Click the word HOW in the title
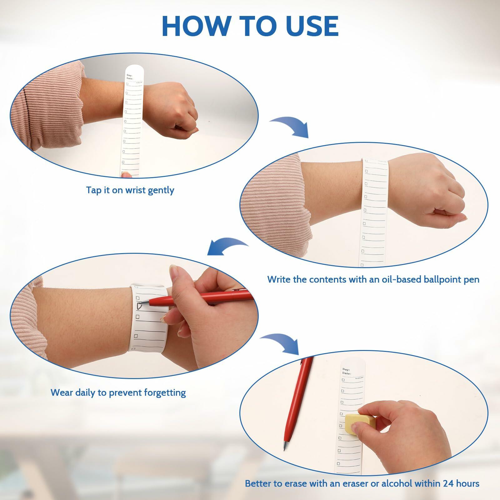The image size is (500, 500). tap(196, 26)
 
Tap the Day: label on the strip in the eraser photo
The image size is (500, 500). tap(347, 369)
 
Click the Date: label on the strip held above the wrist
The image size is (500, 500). tap(130, 79)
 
